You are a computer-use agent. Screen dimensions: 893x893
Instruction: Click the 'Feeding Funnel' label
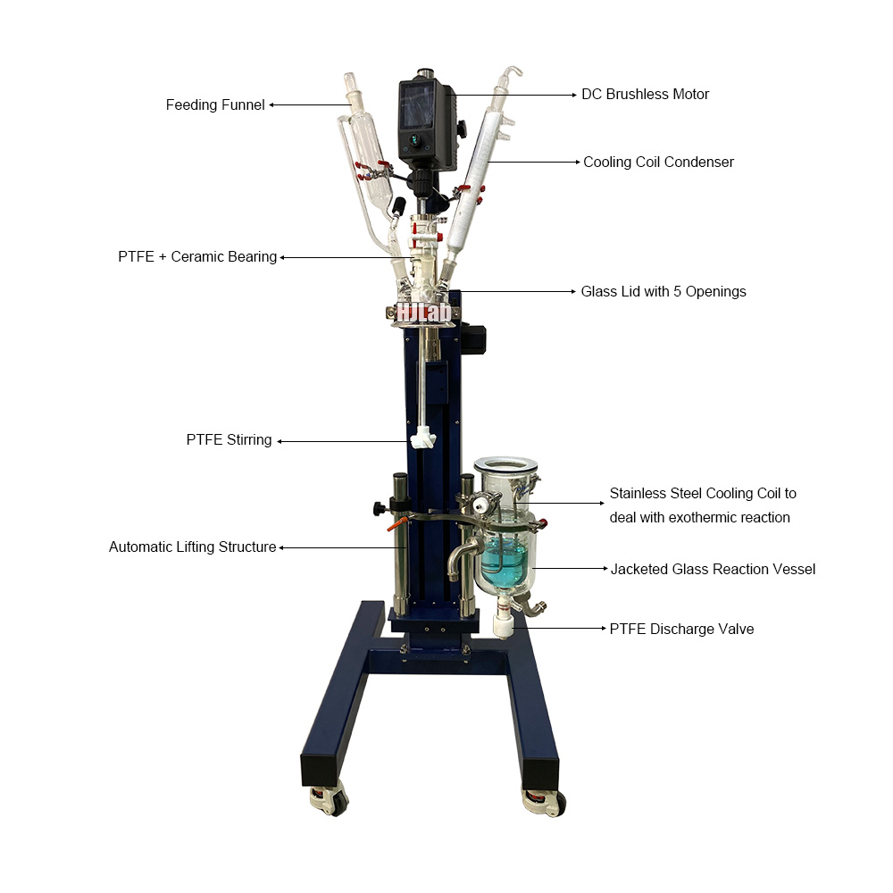(x=215, y=105)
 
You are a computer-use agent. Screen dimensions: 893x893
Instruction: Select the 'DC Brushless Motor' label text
(x=645, y=94)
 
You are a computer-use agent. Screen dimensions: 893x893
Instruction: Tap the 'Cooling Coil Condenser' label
(x=658, y=162)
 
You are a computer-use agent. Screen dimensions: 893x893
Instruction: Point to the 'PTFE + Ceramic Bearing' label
(x=197, y=257)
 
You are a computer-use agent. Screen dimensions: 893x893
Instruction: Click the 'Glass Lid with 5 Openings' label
(x=663, y=291)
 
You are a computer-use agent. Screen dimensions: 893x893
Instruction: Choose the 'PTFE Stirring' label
(x=229, y=440)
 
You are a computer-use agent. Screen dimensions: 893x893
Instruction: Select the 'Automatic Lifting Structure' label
(x=192, y=547)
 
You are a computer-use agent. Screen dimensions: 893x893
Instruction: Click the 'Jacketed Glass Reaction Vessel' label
(x=713, y=569)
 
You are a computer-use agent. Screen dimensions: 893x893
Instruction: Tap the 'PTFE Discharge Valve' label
(x=681, y=629)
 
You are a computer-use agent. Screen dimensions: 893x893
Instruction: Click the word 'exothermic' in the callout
(x=684, y=518)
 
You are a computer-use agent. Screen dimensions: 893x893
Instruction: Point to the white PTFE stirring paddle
(x=421, y=439)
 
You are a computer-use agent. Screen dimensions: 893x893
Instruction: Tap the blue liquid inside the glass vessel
(x=503, y=561)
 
